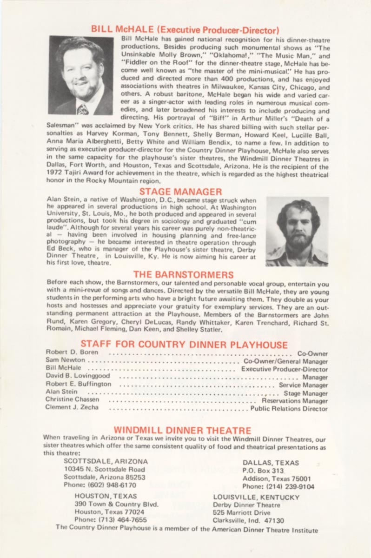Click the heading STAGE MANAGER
click(181, 191)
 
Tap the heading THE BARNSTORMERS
click(183, 274)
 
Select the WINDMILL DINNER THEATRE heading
click(182, 430)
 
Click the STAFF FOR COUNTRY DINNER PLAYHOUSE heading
click(184, 345)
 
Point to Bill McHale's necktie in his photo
click(83, 109)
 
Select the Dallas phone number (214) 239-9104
click(278, 487)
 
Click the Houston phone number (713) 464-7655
click(111, 520)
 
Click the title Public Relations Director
click(289, 409)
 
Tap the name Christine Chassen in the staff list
click(73, 399)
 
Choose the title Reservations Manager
click(294, 401)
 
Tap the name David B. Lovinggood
click(78, 376)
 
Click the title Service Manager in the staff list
click(303, 385)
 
